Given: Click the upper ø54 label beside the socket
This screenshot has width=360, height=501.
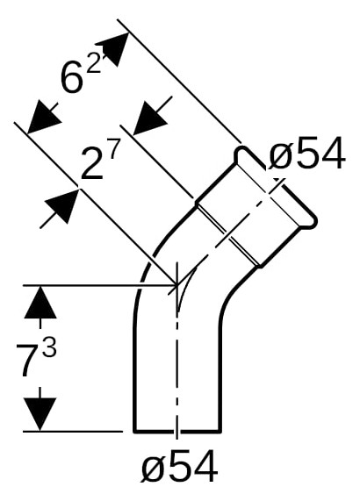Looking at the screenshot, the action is [307, 153].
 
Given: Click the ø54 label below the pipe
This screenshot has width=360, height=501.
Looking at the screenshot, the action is [179, 466].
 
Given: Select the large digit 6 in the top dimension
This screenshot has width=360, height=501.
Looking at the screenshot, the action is [72, 77].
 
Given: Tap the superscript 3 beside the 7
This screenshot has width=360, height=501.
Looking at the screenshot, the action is [49, 346].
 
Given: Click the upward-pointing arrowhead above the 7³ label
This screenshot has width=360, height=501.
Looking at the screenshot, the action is [40, 302].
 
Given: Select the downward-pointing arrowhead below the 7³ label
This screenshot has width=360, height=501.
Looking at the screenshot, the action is [40, 414].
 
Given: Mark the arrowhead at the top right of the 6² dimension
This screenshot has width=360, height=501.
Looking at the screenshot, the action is [112, 49].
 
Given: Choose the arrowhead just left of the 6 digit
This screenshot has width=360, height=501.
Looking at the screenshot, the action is [44, 117].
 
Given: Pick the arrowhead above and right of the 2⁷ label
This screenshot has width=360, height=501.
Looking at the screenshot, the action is [149, 118].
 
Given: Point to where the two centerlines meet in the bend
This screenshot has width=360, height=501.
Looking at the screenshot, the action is [176, 283].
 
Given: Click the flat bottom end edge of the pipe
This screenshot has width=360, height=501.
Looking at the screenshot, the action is [177, 431].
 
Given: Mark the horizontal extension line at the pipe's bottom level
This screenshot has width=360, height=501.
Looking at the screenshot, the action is [73, 432].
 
